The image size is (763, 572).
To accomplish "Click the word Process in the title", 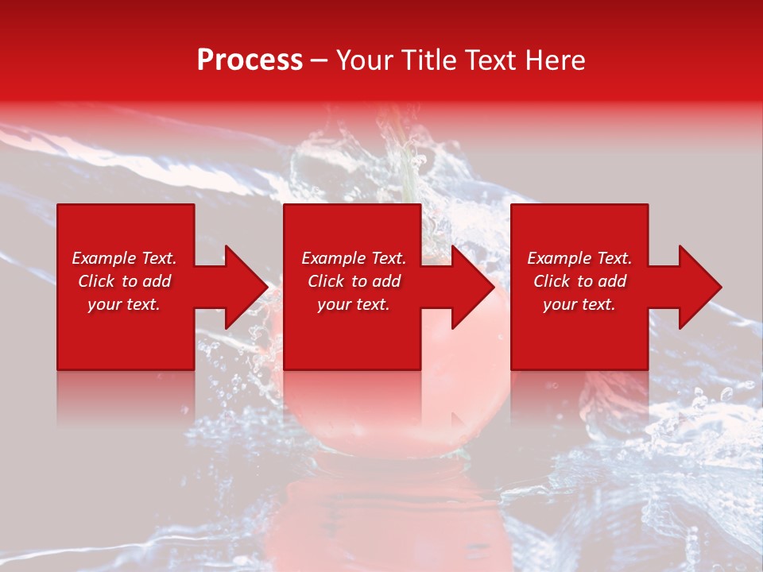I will (250, 60).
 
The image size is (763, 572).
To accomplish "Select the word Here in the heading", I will (554, 60).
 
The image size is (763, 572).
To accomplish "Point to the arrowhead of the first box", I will (243, 287).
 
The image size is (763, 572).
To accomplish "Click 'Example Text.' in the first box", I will (124, 258).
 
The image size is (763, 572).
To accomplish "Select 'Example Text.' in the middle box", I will (354, 258).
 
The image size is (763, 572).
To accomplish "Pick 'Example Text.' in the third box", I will (579, 258).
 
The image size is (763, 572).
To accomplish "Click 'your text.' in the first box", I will (124, 304).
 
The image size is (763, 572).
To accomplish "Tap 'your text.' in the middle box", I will (354, 304).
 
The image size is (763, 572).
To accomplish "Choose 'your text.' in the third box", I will (579, 304).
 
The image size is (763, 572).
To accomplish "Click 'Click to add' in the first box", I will (124, 281).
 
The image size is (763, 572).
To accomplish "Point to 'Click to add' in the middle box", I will (354, 281).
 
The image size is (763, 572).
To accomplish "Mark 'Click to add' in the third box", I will (579, 281).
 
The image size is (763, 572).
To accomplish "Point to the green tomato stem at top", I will (408, 171).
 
